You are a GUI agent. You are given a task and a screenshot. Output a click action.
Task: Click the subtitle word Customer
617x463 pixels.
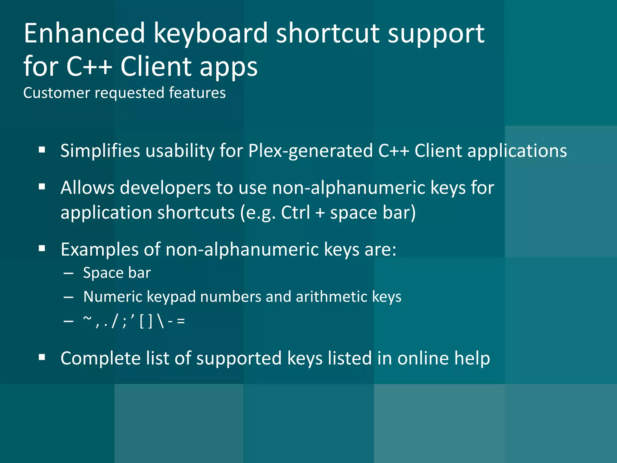(x=57, y=93)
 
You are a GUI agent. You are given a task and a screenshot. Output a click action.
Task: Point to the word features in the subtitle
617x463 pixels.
(x=197, y=93)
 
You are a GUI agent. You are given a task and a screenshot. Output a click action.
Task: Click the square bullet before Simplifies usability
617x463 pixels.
(x=42, y=150)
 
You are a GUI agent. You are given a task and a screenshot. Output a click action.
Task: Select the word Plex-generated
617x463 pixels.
(x=310, y=151)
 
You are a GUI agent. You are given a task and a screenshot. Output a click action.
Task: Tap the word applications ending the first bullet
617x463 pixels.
(x=517, y=151)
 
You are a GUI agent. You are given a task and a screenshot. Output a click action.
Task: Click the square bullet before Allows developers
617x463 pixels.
(x=42, y=187)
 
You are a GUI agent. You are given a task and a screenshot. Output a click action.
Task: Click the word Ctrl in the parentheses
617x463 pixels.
(x=295, y=213)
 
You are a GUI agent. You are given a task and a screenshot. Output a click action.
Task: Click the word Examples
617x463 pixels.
(x=99, y=250)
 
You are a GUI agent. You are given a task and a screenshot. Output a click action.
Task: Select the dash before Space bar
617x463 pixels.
(x=69, y=273)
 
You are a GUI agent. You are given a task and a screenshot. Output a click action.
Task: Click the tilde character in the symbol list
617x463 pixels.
(x=87, y=319)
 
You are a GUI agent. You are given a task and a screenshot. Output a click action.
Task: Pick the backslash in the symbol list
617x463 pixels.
(x=161, y=321)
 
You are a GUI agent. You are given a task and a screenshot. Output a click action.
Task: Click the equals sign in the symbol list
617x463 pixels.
(x=181, y=321)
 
